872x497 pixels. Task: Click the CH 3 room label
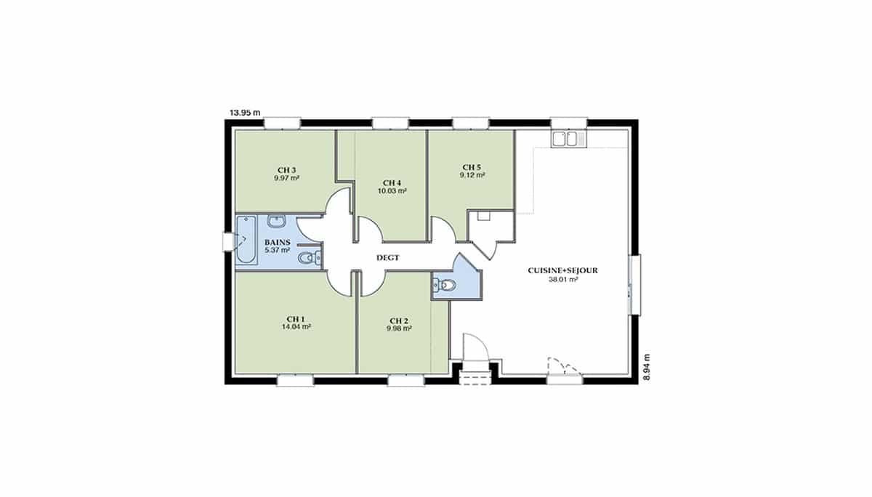[286, 170]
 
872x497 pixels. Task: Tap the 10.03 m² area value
[392, 191]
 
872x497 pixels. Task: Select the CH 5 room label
[472, 167]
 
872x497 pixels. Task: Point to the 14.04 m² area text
[296, 327]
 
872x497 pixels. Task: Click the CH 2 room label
[399, 321]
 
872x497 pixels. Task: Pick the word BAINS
[277, 243]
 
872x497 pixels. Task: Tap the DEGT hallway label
[388, 258]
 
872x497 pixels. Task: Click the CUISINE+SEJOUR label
[562, 270]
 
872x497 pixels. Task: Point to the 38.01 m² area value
[563, 279]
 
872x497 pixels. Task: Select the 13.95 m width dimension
[245, 113]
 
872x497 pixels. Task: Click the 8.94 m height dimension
[647, 367]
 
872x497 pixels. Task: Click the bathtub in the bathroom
[246, 240]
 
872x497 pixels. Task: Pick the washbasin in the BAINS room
[277, 222]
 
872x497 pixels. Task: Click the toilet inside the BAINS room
[310, 257]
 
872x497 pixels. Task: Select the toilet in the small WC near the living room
[444, 286]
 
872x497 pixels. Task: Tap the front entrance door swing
[475, 347]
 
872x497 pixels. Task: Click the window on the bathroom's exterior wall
[227, 242]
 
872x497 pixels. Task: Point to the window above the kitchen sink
[569, 123]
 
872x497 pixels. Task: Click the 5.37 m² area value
[277, 250]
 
